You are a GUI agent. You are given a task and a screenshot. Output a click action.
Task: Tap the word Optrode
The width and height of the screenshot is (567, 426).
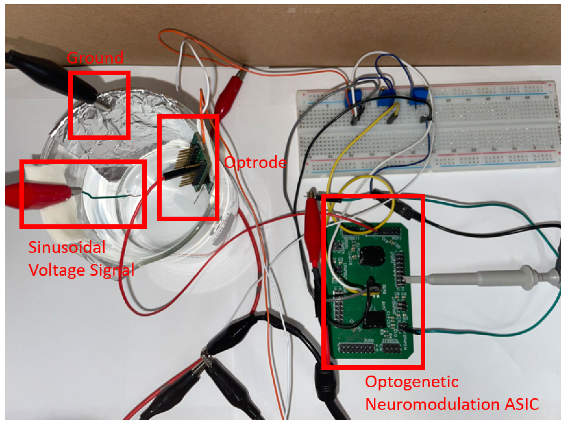coord(255,162)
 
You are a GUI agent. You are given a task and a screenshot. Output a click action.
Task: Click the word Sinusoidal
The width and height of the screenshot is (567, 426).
coord(67,247)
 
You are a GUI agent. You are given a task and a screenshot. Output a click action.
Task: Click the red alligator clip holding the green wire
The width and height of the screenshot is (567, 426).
coord(44,196)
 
